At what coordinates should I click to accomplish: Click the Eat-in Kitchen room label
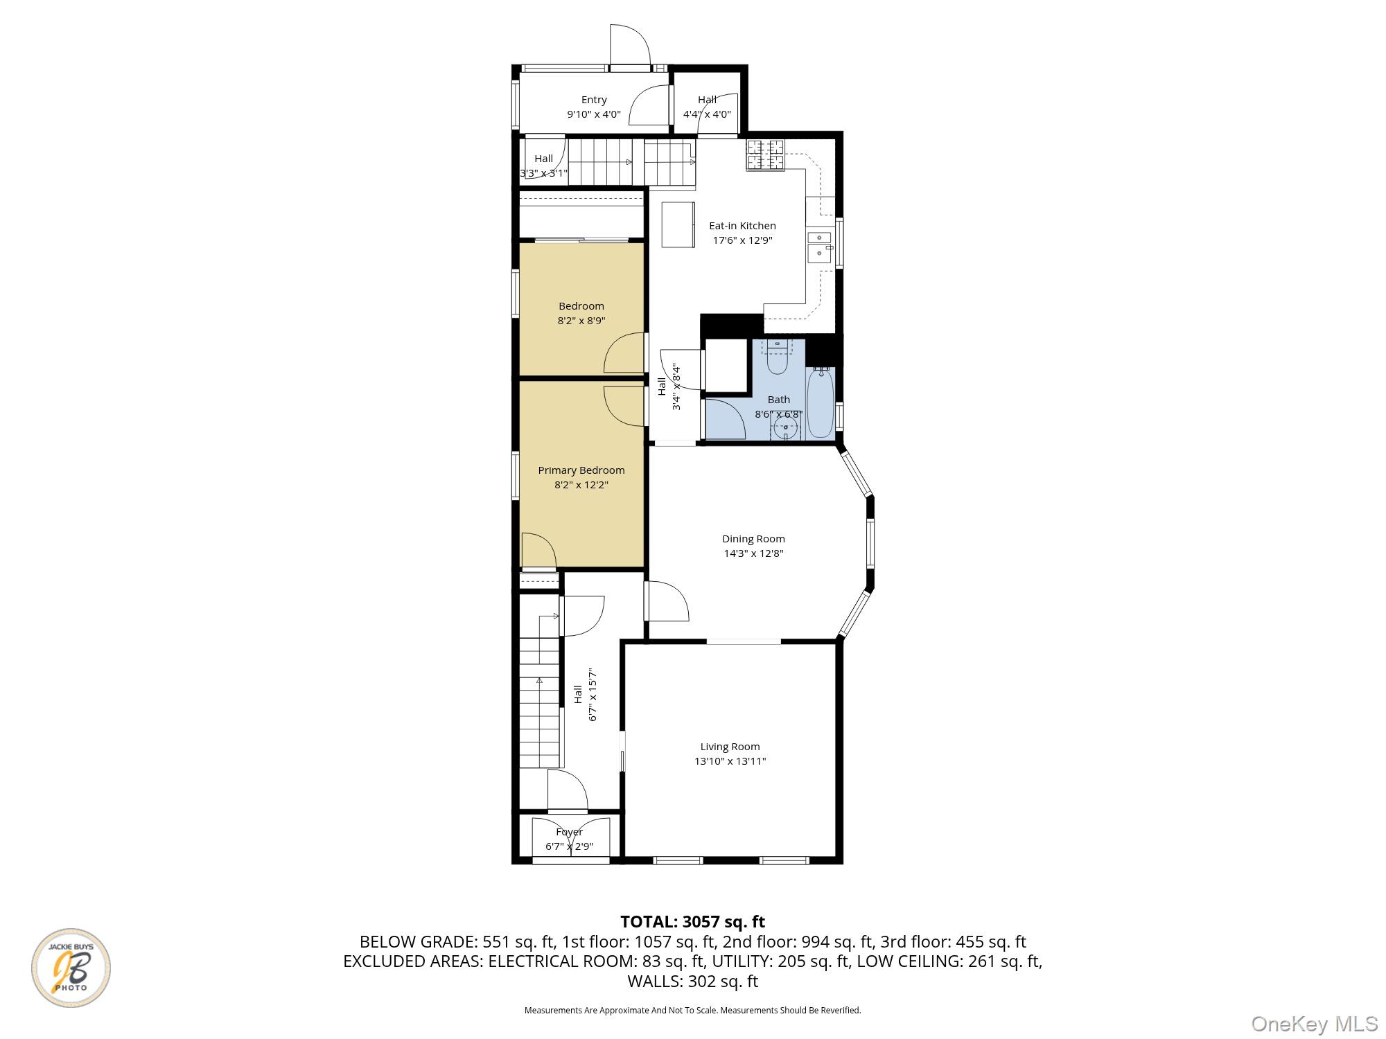pyautogui.click(x=742, y=226)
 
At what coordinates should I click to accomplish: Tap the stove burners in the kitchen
pyautogui.click(x=765, y=155)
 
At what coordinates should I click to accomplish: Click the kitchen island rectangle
pyautogui.click(x=678, y=224)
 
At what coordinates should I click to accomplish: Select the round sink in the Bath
pyautogui.click(x=785, y=427)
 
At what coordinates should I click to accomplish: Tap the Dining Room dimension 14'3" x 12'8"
pyautogui.click(x=753, y=553)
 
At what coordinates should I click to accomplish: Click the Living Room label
pyautogui.click(x=730, y=747)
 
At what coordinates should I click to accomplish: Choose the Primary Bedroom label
pyautogui.click(x=581, y=470)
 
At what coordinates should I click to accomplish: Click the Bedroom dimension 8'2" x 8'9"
pyautogui.click(x=581, y=321)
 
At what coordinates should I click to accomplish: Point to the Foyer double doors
pyautogui.click(x=570, y=840)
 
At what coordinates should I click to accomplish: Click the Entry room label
pyautogui.click(x=594, y=100)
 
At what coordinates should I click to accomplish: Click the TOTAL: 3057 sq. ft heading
pyautogui.click(x=692, y=922)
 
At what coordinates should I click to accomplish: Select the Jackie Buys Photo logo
pyautogui.click(x=71, y=968)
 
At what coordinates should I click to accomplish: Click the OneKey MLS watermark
pyautogui.click(x=1314, y=1024)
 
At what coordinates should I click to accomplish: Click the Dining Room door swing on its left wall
pyautogui.click(x=667, y=601)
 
